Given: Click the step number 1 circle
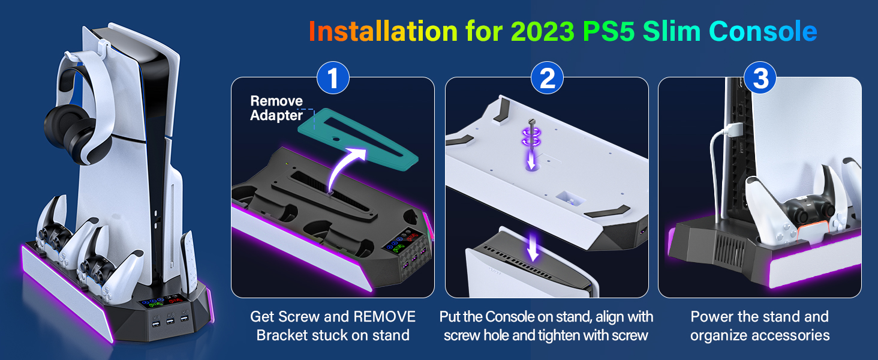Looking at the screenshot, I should tap(333, 79).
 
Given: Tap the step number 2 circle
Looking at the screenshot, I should tap(547, 79).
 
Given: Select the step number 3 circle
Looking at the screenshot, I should tap(760, 79).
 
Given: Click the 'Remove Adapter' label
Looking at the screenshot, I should tap(276, 108).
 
